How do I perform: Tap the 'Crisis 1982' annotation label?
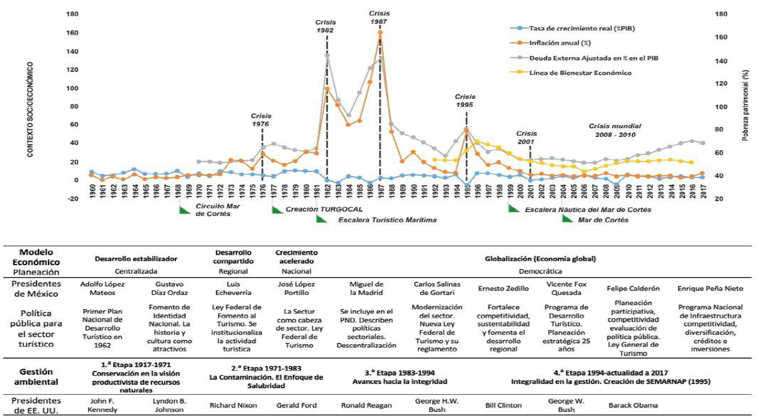coord(326,27)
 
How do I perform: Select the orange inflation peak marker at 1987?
coord(380,33)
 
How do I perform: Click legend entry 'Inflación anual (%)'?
coord(556,43)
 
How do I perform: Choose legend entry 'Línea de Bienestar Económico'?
coord(580,72)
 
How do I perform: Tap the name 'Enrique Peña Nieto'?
coord(705,289)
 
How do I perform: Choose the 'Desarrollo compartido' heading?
coord(232,257)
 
